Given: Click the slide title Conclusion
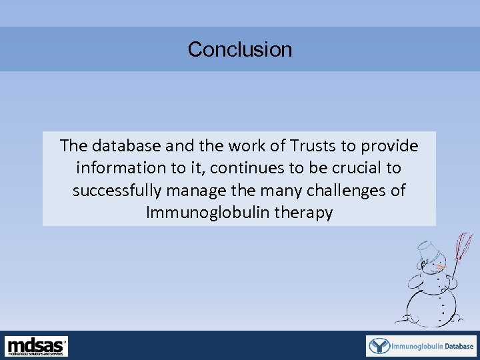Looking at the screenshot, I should point(240,49).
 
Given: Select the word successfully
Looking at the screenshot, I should point(117,191).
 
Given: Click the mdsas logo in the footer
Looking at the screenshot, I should point(37,346).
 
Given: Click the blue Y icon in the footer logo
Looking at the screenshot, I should point(379,346).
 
